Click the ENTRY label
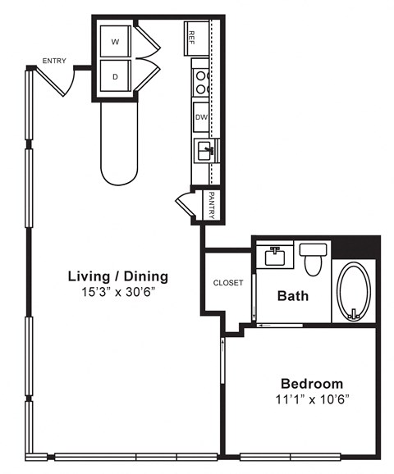[54, 61]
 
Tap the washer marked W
[115, 39]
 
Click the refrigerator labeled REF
[195, 37]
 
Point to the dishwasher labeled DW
[200, 117]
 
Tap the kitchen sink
[204, 151]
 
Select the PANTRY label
[211, 206]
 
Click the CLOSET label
[227, 283]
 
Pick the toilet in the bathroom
[313, 259]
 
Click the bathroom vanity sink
[274, 257]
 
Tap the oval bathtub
[355, 291]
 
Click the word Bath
[292, 295]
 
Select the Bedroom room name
[312, 383]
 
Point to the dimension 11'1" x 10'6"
[312, 399]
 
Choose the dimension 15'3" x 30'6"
[117, 292]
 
